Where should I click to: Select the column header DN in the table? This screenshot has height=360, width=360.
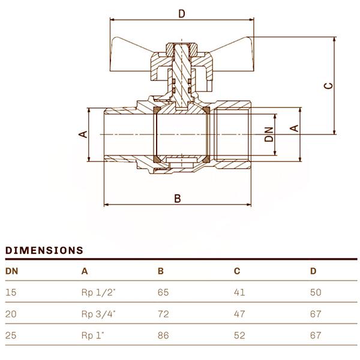[11, 271]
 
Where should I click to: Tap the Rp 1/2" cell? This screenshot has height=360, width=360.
[97, 292]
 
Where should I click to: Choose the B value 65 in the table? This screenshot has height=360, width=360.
[163, 292]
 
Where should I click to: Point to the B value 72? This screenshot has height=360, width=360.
[163, 314]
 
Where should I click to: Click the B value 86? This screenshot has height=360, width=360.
[163, 335]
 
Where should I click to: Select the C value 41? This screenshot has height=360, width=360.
[239, 292]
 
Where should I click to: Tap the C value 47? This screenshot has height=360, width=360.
[239, 314]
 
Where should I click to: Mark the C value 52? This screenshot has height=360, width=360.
[239, 335]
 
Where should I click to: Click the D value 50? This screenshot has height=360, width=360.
[316, 292]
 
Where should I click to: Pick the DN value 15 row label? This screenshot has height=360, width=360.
[11, 292]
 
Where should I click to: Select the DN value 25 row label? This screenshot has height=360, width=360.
[11, 335]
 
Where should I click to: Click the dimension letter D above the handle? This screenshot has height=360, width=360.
[182, 13]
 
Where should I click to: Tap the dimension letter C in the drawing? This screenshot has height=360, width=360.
[328, 85]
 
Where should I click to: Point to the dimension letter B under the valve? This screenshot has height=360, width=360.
[177, 199]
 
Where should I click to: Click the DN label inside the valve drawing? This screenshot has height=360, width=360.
[269, 134]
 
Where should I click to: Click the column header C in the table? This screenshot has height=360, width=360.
[237, 271]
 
